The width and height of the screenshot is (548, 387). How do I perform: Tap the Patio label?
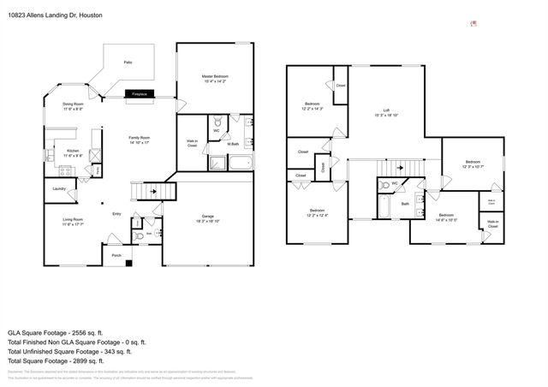[x=128, y=63]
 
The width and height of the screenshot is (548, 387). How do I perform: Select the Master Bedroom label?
[x=214, y=76]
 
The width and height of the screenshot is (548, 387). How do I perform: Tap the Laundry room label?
[x=59, y=188]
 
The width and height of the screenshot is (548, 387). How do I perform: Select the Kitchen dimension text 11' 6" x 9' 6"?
[x=73, y=156]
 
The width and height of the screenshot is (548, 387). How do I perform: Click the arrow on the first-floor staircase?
[x=155, y=191]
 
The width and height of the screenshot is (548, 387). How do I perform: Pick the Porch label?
[x=116, y=254]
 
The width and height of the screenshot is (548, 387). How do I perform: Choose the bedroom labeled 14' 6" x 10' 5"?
[x=446, y=217]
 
